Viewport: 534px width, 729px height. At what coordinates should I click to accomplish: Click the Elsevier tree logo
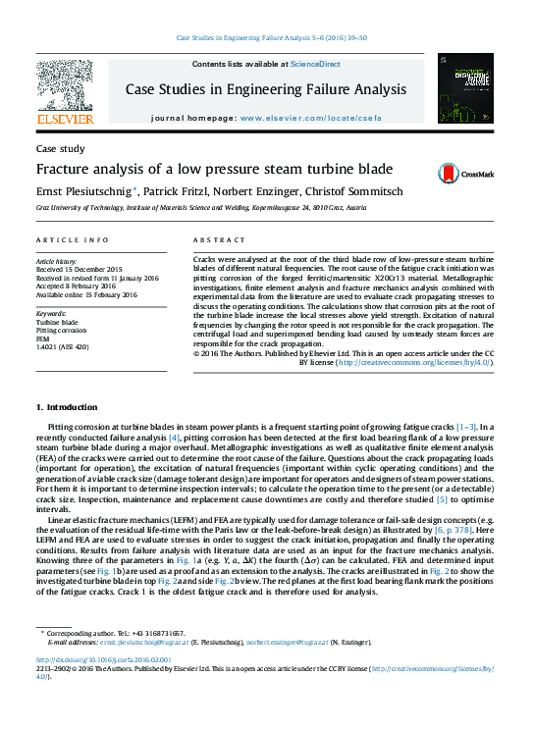(65, 85)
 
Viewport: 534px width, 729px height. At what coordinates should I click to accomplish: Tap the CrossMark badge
(454, 173)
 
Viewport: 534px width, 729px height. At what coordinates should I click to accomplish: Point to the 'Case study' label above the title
(60, 149)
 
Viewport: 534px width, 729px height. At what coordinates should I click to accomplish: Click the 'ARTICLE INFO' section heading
(73, 240)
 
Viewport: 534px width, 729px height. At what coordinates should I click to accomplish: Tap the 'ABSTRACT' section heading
(219, 240)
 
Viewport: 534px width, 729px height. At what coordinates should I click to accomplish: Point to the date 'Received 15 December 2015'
(80, 270)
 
